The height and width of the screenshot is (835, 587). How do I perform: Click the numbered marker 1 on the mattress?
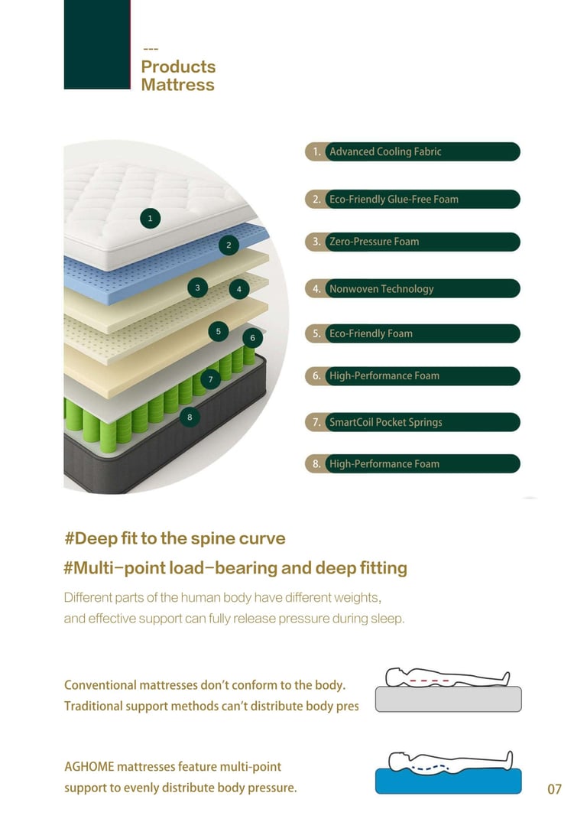pos(150,219)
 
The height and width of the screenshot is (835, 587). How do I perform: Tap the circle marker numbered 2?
pos(229,245)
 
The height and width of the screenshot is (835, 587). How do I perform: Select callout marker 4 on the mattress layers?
pos(239,290)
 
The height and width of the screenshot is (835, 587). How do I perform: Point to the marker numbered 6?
pos(252,338)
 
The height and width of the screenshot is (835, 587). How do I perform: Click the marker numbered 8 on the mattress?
pos(190,417)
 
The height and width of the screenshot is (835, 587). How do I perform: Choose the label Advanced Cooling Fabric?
pos(384,151)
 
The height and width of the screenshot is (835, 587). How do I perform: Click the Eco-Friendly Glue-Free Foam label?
pos(394,199)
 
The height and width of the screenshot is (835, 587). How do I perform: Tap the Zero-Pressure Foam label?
pos(374,242)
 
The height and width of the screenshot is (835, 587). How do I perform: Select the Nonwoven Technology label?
pos(381,288)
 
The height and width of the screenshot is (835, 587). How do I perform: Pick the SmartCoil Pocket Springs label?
pos(385,422)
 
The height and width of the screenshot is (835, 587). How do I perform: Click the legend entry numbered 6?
pos(412,376)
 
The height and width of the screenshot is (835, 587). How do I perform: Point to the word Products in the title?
pos(178,67)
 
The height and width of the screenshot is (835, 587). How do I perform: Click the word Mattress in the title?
pos(177,85)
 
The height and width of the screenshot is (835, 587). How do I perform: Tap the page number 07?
pos(554,788)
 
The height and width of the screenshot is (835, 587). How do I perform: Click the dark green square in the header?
pos(97,44)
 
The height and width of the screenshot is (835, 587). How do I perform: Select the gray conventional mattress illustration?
pos(449,699)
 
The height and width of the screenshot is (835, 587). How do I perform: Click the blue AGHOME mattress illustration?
pos(449,781)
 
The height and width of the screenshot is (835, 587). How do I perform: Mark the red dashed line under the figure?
pos(428,679)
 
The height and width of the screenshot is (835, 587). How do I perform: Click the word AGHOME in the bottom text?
pos(89,766)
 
